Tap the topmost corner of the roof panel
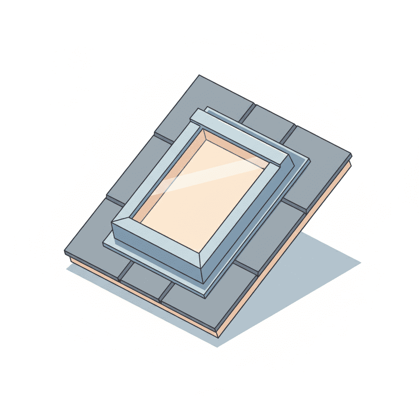[199, 75]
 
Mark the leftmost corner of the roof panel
[65, 251]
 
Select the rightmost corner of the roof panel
[351, 155]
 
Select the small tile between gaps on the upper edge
[269, 119]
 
